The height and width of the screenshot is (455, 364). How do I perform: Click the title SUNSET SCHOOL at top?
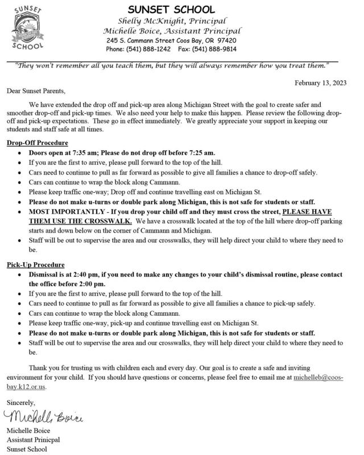click(x=171, y=9)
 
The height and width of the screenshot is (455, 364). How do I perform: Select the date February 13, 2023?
click(x=321, y=83)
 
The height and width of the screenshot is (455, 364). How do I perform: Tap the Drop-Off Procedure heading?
click(x=38, y=142)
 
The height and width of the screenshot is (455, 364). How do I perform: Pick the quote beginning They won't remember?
click(x=171, y=65)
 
